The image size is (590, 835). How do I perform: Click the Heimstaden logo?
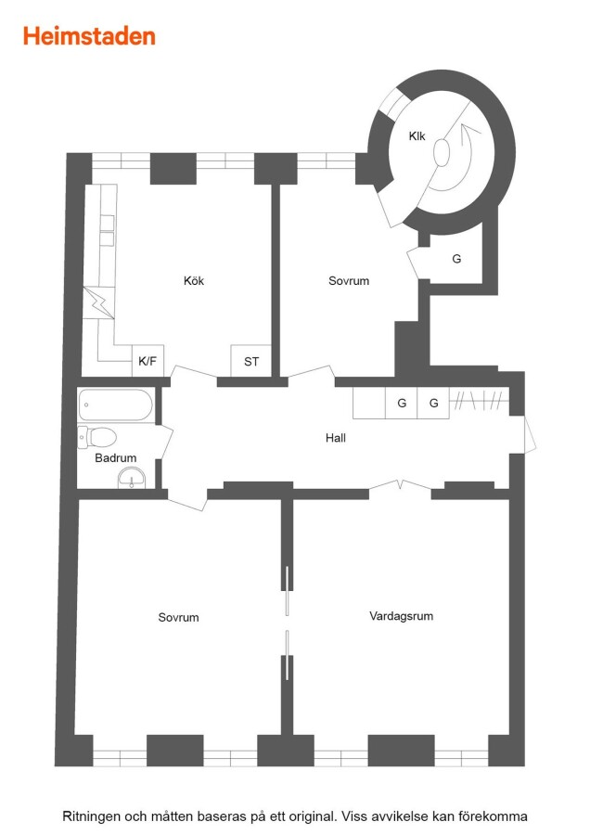pos(89,37)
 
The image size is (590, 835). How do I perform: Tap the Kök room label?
pos(194,280)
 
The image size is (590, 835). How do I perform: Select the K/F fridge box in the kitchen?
pos(147,361)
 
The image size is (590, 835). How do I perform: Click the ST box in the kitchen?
pos(250,362)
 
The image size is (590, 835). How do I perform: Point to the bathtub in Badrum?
pos(116,405)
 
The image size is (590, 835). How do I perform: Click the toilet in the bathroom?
pos(97,437)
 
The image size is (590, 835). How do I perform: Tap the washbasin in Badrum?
pos(131,478)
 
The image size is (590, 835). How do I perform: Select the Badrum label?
pos(116,458)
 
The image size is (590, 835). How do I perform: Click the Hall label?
pos(336,438)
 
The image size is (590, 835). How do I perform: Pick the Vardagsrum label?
pos(401,616)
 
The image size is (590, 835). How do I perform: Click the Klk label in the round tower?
pos(417,136)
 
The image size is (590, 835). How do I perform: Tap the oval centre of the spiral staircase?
pos(442,152)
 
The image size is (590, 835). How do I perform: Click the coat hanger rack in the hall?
pos(479,400)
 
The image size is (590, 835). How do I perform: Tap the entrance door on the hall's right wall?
pos(530,434)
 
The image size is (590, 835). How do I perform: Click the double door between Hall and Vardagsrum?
pos(400,485)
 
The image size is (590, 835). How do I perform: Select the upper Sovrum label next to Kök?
pos(349,280)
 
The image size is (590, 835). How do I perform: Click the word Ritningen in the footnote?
pos(92,816)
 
